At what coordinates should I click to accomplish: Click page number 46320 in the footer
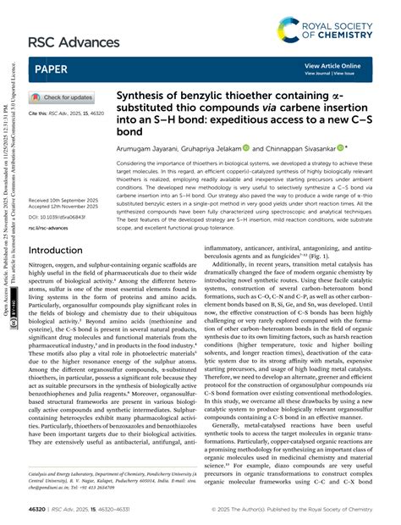click(40, 510)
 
